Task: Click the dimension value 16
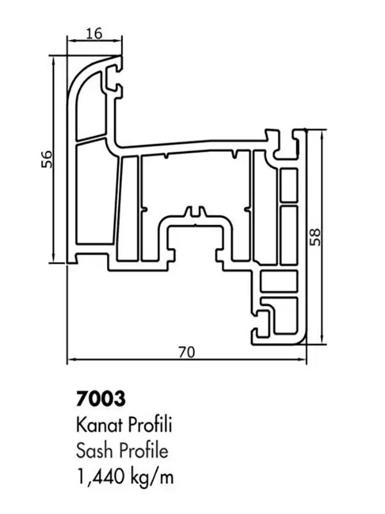(x=94, y=33)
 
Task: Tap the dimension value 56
(x=47, y=159)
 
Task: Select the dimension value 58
(x=315, y=237)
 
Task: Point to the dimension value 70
(x=187, y=352)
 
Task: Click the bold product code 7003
(x=101, y=398)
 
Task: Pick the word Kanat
(x=99, y=425)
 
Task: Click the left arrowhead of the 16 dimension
(x=70, y=40)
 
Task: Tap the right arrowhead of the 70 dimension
(x=304, y=360)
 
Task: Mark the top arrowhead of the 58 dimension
(x=323, y=133)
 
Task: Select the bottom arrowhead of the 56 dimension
(x=53, y=260)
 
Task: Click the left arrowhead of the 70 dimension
(x=71, y=360)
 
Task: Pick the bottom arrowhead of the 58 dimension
(x=323, y=341)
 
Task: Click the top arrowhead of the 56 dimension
(x=53, y=59)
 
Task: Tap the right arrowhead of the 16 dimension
(x=119, y=40)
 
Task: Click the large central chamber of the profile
(x=196, y=185)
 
